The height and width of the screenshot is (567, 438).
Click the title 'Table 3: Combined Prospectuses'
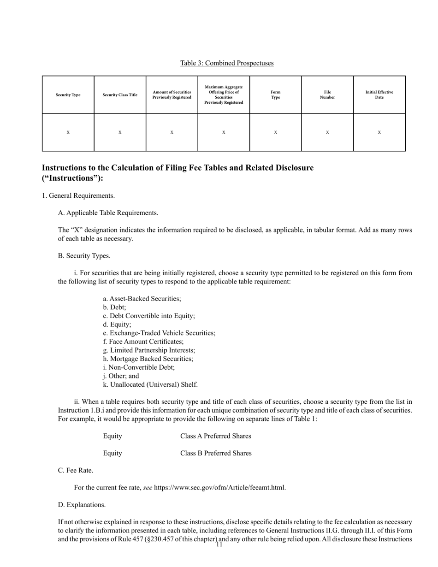[x=227, y=63]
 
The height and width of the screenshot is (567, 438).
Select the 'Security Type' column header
[x=68, y=95]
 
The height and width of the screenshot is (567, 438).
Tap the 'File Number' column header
[x=327, y=95]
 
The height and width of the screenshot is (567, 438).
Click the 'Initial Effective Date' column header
[x=379, y=95]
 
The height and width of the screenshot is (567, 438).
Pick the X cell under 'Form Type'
[x=275, y=132]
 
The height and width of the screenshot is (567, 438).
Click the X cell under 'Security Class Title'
[x=120, y=132]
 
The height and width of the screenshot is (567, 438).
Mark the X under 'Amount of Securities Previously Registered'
[x=172, y=132]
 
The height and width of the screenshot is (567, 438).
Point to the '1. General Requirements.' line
[x=78, y=196]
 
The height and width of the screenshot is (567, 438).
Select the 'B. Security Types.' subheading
[x=84, y=256]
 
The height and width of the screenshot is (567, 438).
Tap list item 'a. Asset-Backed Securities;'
[x=142, y=299]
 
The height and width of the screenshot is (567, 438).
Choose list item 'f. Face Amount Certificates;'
[x=143, y=342]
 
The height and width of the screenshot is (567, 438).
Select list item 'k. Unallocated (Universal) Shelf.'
[x=150, y=384]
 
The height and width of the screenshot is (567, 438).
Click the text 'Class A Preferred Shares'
[x=216, y=436]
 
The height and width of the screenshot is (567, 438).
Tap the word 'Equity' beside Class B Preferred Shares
[x=112, y=453]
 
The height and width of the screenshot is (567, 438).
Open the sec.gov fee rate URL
[x=219, y=488]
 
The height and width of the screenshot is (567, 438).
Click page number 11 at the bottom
[x=219, y=545]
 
